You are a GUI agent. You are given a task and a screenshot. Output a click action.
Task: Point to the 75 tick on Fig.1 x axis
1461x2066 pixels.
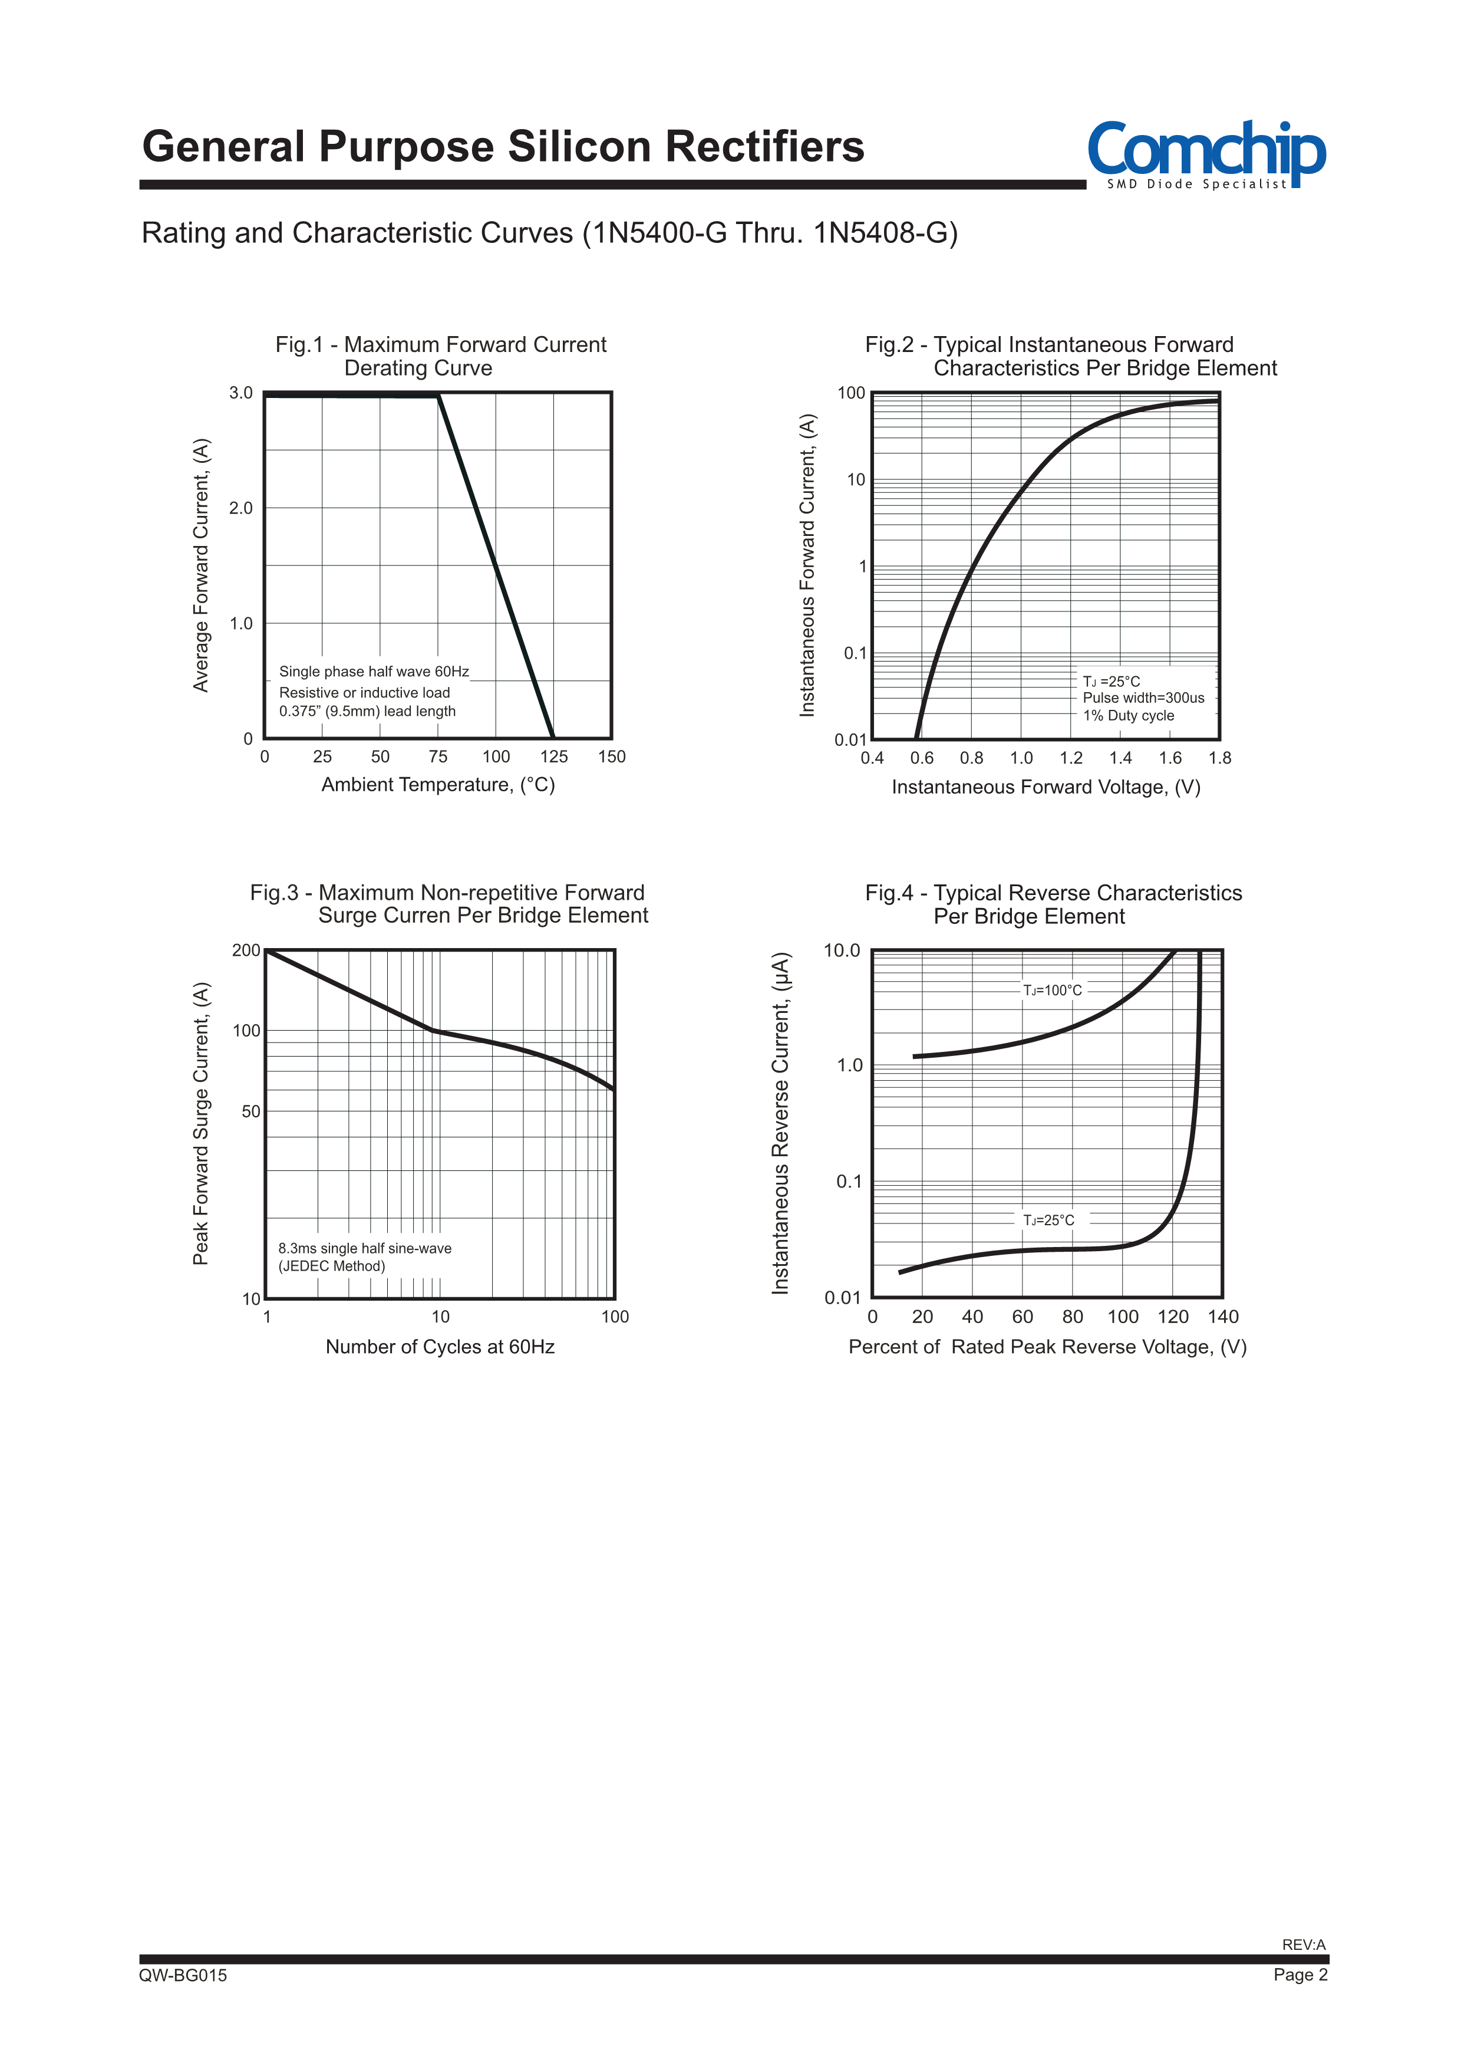click(x=438, y=756)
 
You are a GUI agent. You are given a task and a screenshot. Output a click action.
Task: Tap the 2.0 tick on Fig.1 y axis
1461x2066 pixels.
click(x=241, y=508)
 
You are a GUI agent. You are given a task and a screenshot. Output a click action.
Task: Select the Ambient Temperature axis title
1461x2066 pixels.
click(x=438, y=785)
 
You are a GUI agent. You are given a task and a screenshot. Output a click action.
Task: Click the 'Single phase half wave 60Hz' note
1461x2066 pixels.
click(x=373, y=671)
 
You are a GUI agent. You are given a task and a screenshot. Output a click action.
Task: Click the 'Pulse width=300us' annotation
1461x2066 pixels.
click(x=1143, y=698)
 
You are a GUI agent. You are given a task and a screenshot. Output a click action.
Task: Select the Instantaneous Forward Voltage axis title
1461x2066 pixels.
click(x=1046, y=787)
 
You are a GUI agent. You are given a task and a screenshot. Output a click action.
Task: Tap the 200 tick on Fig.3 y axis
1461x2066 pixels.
click(x=246, y=950)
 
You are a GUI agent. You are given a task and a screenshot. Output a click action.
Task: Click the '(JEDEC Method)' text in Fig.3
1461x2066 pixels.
click(x=331, y=1266)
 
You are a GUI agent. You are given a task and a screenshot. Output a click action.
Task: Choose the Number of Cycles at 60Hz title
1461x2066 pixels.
click(x=440, y=1347)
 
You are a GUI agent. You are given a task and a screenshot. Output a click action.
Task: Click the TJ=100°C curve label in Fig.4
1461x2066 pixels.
click(x=1053, y=991)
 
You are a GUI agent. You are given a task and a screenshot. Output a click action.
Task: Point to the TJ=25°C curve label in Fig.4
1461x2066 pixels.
click(x=1048, y=1220)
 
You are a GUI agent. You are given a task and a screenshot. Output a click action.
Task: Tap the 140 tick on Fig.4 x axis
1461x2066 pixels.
click(x=1222, y=1317)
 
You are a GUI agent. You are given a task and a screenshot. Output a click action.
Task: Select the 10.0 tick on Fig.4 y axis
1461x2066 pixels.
click(x=842, y=951)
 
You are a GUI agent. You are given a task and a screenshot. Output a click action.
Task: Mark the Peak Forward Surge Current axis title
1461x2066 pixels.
click(x=200, y=1123)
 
